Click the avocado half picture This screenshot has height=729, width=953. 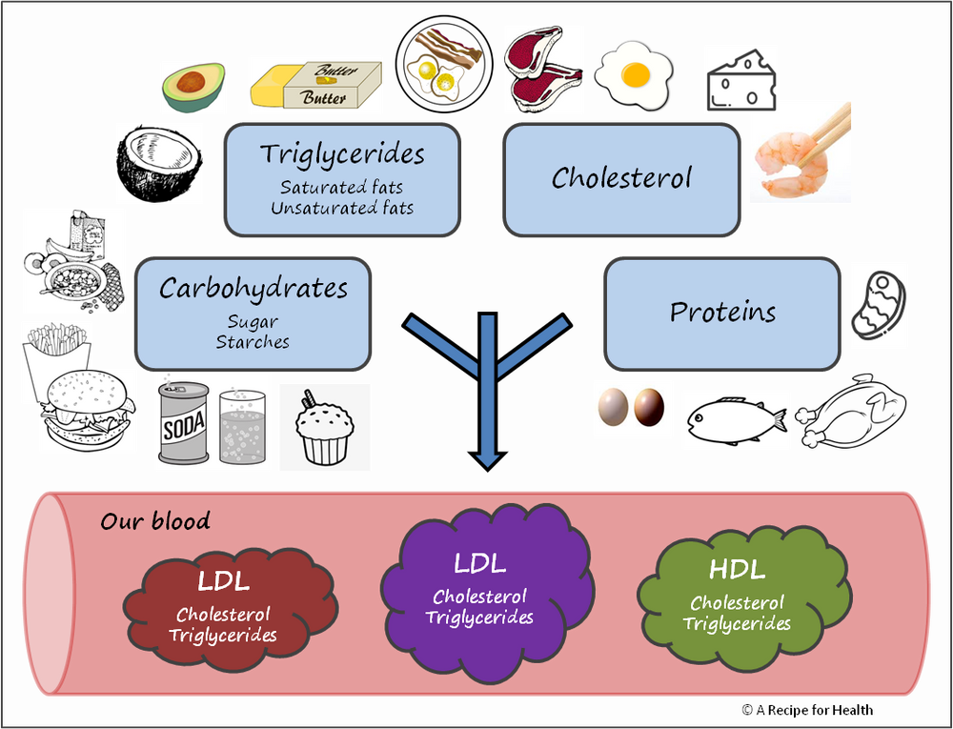click(193, 87)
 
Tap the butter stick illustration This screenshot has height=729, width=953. click(314, 85)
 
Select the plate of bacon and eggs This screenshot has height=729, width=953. click(444, 59)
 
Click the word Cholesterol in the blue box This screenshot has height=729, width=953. click(621, 178)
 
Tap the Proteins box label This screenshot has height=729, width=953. click(722, 312)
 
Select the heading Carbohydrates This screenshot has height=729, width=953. click(253, 288)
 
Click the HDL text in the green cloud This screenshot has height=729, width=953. click(737, 571)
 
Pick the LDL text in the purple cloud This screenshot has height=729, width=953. click(479, 563)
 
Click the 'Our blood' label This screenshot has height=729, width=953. click(155, 521)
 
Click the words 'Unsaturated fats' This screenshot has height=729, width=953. click(341, 207)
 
